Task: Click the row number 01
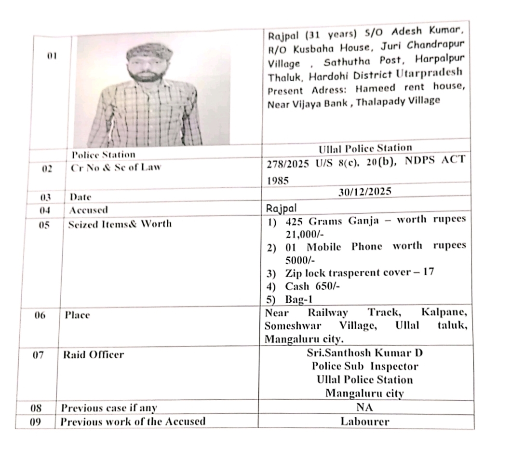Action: click(52, 56)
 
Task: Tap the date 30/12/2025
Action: click(365, 191)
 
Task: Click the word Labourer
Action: click(364, 421)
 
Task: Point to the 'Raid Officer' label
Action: click(93, 355)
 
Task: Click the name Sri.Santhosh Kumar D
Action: click(364, 353)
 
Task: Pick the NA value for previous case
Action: click(365, 408)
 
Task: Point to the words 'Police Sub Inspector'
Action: click(364, 366)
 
